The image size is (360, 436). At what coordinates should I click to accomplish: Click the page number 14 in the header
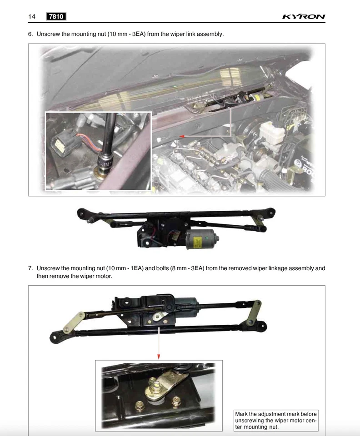(x=32, y=17)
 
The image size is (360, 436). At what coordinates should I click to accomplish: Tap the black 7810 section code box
(x=56, y=17)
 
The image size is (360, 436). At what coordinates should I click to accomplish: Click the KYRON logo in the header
(x=304, y=17)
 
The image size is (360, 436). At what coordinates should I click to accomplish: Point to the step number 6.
(x=30, y=34)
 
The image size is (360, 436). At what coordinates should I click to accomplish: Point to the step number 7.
(x=30, y=268)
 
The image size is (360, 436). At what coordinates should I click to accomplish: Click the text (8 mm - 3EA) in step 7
(x=185, y=268)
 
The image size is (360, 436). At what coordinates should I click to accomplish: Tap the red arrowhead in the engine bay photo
(x=182, y=136)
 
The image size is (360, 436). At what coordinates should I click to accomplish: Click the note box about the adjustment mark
(x=275, y=420)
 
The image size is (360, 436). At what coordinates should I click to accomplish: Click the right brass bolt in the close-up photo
(x=176, y=400)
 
